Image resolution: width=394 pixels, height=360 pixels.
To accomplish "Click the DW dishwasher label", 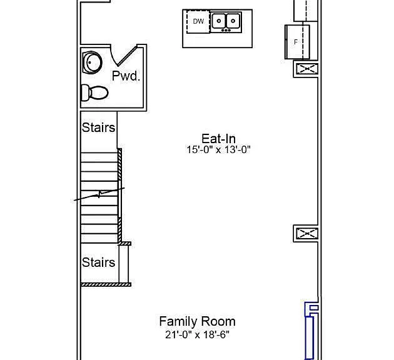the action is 198,21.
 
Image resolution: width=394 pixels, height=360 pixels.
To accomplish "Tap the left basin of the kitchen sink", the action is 219,21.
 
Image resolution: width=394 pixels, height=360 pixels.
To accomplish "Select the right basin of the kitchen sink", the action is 233,21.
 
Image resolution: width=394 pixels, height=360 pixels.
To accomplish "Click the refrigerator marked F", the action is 297,42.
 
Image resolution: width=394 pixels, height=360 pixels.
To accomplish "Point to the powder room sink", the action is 92,62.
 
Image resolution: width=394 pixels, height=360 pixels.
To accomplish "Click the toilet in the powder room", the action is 94,92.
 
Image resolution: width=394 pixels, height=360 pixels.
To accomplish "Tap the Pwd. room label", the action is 126,76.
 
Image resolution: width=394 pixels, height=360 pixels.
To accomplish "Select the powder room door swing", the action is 124,55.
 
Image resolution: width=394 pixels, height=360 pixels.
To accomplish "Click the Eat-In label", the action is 219,139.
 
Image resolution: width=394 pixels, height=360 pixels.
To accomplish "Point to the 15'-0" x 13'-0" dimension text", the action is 219,149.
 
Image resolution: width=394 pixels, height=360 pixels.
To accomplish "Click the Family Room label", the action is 197,321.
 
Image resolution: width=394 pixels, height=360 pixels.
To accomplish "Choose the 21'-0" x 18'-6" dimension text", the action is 197,334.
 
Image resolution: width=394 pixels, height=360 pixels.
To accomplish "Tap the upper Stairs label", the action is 98,127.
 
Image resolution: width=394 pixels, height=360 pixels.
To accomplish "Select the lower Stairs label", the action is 98,262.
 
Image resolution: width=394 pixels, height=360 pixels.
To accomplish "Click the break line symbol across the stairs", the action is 99,194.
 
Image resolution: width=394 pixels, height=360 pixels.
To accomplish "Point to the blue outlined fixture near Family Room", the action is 311,331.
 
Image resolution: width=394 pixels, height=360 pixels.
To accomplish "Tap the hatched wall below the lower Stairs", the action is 106,284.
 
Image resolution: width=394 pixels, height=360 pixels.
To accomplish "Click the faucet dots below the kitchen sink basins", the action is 226,31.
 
